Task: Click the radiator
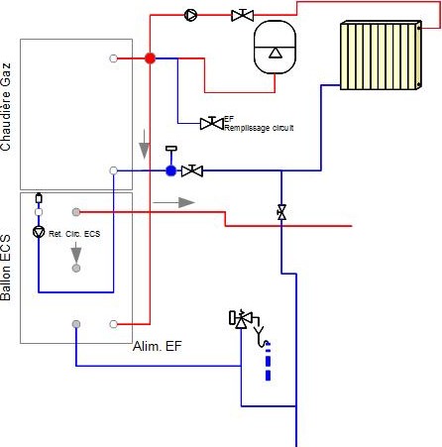point(381,56)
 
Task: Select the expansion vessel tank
point(275,48)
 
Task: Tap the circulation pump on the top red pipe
point(190,15)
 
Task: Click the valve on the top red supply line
point(243,15)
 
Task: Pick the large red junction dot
point(150,58)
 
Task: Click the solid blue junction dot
point(170,170)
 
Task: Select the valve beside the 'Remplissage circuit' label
point(212,123)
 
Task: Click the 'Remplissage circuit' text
point(259,128)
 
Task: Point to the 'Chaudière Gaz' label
point(6,107)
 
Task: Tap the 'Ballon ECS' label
point(6,268)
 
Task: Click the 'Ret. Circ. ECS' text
point(74,234)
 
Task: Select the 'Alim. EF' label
point(158,346)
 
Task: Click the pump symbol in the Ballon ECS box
point(39,232)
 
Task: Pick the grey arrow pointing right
point(174,202)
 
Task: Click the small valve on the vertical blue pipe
point(281,212)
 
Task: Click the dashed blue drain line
point(268,361)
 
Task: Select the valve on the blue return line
point(192,170)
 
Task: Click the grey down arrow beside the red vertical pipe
point(145,144)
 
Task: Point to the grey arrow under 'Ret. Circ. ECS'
point(76,254)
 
